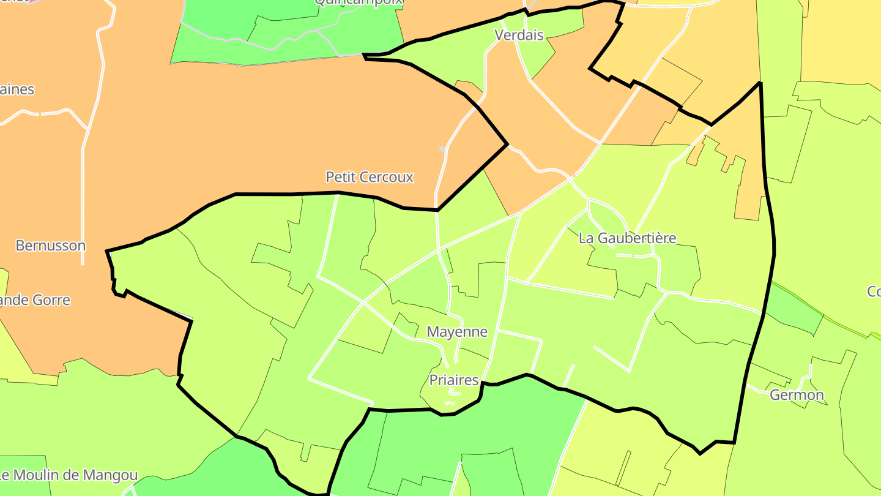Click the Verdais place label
pos(519,35)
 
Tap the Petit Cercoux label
pos(370,177)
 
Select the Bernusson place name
pos(50,246)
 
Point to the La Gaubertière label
pos(627,238)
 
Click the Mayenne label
pos(457,332)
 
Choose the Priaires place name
pos(453,380)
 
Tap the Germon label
pos(797,395)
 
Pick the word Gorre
pos(52,300)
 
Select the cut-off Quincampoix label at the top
pos(359,2)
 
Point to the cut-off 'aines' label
pos(17,89)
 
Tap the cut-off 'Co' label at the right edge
pos(874,291)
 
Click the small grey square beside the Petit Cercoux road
pos(442,149)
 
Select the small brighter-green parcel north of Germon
pos(794,309)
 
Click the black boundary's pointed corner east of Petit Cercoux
pos(507,145)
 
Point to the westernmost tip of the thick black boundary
pos(107,251)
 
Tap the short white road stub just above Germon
pos(809,371)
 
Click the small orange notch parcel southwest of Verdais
pos(467,87)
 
